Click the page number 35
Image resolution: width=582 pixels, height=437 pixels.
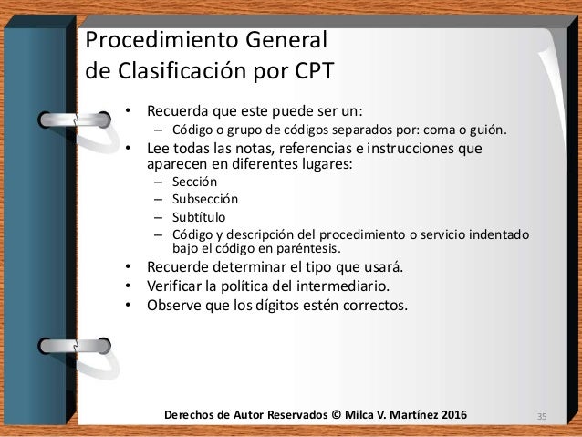click(x=542, y=417)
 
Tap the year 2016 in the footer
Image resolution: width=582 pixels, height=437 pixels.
click(x=447, y=416)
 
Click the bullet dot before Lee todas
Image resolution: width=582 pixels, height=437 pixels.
click(x=129, y=149)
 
